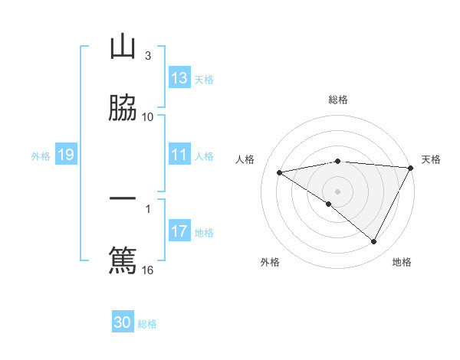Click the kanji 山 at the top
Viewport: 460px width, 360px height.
123,47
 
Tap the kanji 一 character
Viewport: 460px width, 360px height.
123,198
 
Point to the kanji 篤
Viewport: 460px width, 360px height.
123,259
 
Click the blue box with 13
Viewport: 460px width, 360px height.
179,78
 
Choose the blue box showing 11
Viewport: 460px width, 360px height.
179,155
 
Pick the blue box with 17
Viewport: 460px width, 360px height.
179,231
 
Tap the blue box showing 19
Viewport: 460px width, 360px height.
65,155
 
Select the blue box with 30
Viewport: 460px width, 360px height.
123,322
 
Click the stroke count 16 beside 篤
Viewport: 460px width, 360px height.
148,270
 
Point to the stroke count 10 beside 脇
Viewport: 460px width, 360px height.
148,116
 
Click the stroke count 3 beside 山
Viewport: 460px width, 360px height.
148,56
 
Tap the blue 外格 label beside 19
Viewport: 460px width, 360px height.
41,156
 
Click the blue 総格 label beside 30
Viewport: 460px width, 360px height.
147,324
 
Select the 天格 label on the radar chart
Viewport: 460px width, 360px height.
431,159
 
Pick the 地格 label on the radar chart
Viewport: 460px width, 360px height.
402,262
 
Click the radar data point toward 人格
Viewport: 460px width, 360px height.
280,172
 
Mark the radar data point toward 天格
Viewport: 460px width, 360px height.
411,168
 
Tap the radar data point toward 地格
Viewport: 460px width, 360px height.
374,242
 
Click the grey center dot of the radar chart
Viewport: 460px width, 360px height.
338,191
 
